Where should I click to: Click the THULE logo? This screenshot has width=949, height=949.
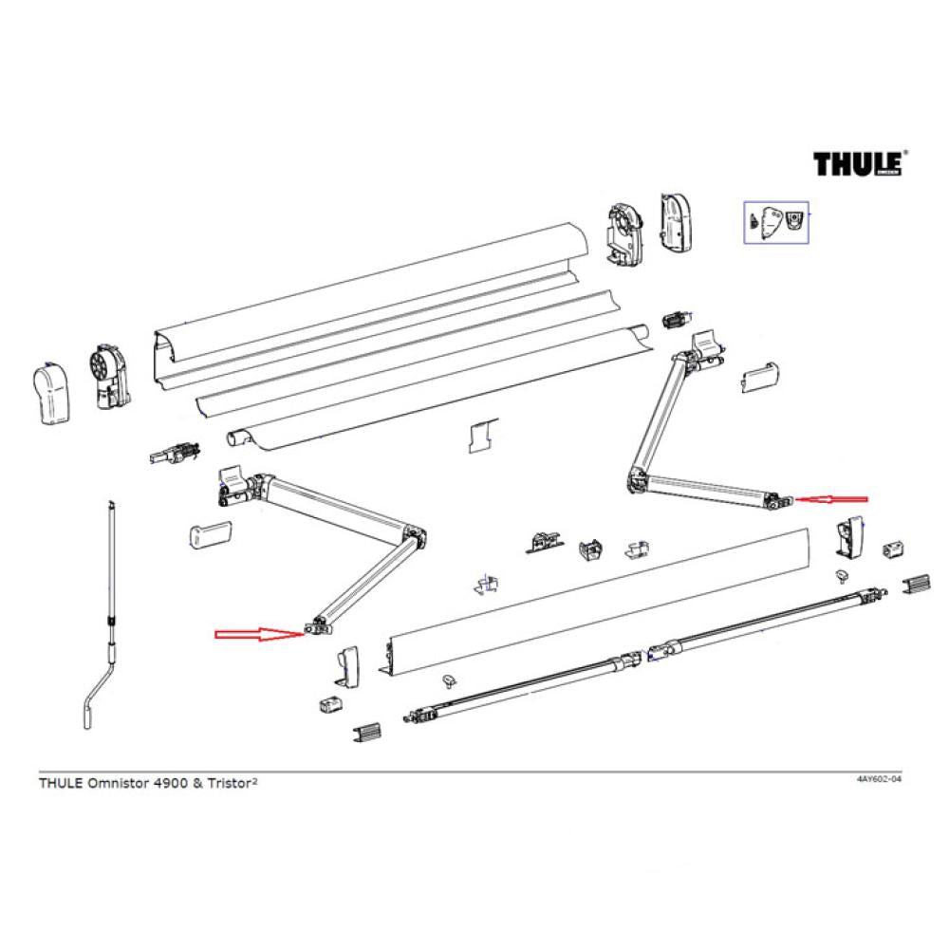pyautogui.click(x=858, y=163)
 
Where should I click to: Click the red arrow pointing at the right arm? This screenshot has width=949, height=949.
pyautogui.click(x=831, y=498)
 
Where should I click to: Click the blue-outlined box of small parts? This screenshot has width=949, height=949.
pyautogui.click(x=775, y=222)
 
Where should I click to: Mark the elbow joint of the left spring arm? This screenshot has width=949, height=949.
pyautogui.click(x=415, y=536)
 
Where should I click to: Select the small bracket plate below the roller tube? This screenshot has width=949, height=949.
pyautogui.click(x=481, y=436)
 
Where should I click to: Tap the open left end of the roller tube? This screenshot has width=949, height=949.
pyautogui.click(x=235, y=437)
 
